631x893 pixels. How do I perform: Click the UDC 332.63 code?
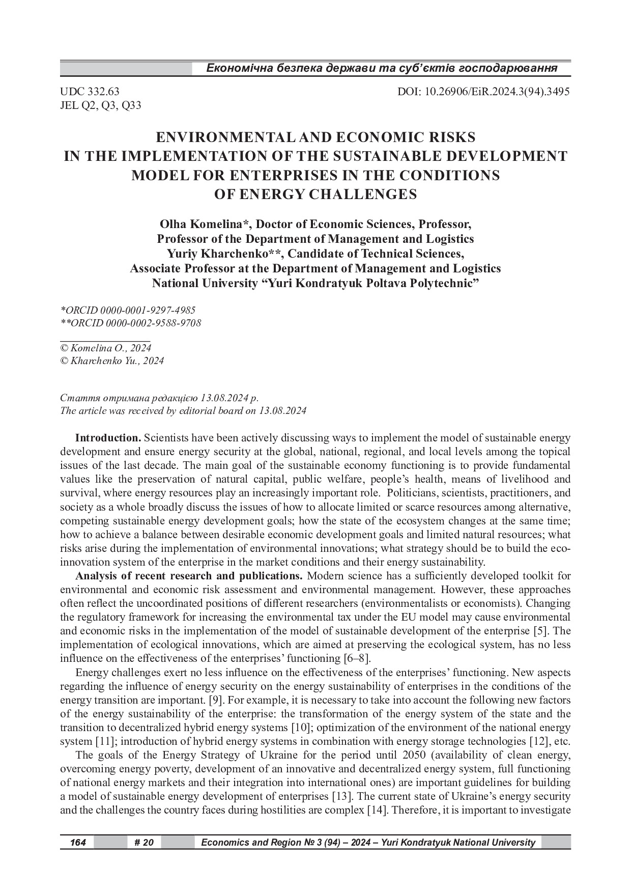pyautogui.click(x=90, y=92)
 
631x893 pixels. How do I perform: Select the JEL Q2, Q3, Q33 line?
pyautogui.click(x=100, y=105)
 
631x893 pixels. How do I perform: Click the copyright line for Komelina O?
pyautogui.click(x=105, y=348)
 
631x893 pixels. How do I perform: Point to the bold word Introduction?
pyautogui.click(x=108, y=438)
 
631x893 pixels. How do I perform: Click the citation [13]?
pyautogui.click(x=340, y=796)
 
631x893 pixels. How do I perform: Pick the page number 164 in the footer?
pyautogui.click(x=77, y=843)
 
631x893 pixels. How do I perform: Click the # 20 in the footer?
pyautogui.click(x=144, y=843)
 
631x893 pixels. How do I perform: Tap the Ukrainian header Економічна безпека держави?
pyautogui.click(x=381, y=68)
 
